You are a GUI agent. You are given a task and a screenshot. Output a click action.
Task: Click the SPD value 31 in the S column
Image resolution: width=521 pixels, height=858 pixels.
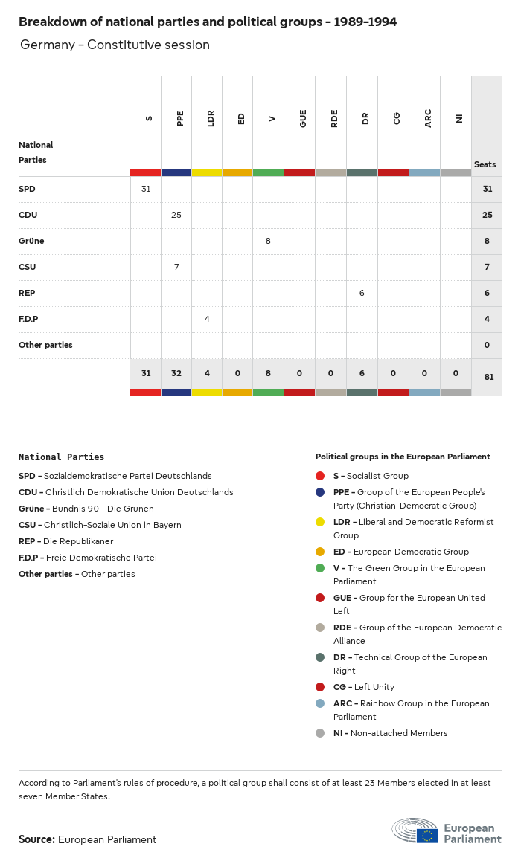(146, 189)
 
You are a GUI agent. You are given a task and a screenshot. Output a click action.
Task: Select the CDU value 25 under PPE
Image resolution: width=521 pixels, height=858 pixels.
(176, 215)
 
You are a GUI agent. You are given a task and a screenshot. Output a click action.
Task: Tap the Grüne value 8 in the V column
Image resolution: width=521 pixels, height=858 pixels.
(268, 241)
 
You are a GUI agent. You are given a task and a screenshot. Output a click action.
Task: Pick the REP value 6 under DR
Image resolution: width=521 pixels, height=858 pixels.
(362, 293)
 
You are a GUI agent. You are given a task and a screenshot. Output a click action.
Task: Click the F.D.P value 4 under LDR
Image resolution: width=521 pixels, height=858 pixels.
(207, 319)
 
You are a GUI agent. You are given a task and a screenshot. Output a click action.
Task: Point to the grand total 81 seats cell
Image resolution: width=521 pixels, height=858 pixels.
(488, 377)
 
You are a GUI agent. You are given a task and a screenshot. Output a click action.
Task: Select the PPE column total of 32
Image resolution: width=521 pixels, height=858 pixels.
(176, 373)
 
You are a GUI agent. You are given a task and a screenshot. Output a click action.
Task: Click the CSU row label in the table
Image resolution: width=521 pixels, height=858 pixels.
(28, 267)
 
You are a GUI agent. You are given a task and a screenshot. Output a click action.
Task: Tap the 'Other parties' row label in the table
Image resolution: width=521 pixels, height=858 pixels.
(45, 345)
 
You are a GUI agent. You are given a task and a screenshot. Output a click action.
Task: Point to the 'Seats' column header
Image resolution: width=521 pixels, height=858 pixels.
(485, 164)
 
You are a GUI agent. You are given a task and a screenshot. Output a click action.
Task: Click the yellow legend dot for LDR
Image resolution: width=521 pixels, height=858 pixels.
(320, 522)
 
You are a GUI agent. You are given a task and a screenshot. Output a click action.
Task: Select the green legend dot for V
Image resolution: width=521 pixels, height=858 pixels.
(320, 568)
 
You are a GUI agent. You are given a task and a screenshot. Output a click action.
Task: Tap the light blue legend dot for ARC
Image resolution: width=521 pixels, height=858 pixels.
(320, 703)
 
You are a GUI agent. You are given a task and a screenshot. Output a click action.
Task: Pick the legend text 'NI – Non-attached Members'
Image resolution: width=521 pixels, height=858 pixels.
(390, 733)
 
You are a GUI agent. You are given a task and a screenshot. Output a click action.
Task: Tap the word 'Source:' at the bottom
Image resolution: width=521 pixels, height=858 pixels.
(36, 839)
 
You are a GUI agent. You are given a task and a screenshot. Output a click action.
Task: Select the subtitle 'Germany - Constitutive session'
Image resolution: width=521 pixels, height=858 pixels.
(115, 45)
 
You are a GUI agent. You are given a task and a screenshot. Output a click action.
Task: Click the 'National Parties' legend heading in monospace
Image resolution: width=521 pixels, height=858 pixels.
(61, 457)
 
